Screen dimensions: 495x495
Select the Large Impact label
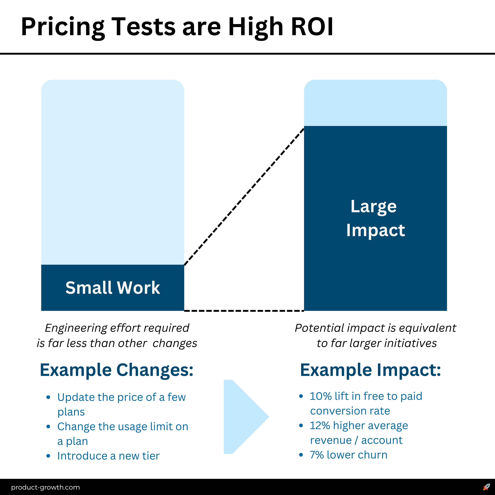pos(375,218)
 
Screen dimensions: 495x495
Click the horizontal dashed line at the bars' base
pos(244,311)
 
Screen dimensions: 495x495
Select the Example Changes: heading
pos(117,370)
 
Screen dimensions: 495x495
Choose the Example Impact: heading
pos(370,370)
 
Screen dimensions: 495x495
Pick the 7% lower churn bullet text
pos(348,455)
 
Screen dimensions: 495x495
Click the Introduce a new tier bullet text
pos(108,456)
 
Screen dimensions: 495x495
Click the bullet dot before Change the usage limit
pos(48,427)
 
